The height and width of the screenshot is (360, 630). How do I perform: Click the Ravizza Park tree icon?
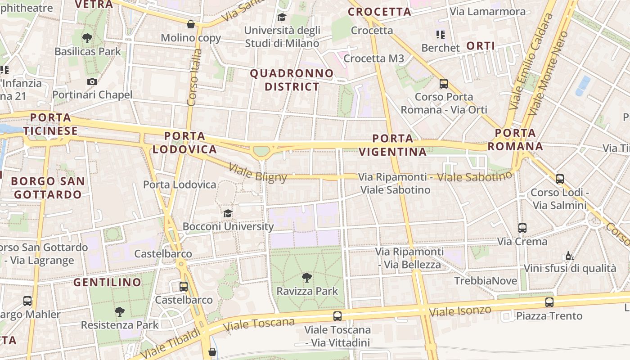tap(307, 278)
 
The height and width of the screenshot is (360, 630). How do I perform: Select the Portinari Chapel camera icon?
tap(92, 81)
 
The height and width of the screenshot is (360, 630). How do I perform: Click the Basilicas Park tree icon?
tap(87, 38)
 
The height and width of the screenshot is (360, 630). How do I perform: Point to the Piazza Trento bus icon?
tap(549, 302)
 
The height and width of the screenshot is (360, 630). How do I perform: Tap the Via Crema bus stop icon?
tap(522, 228)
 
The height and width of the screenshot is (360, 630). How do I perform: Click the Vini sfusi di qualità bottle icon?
tap(570, 256)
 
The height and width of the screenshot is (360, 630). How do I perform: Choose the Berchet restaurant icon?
tap(440, 34)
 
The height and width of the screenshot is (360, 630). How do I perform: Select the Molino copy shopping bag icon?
tap(191, 24)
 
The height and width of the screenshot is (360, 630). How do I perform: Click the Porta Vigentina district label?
tap(393, 145)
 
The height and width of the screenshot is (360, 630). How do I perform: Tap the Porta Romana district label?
tap(515, 139)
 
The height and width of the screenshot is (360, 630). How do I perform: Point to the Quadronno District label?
tap(292, 80)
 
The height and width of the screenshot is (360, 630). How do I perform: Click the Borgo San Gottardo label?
tap(48, 188)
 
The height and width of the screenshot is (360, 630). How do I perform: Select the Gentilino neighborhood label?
tap(107, 283)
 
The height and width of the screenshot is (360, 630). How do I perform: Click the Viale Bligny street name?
tap(258, 173)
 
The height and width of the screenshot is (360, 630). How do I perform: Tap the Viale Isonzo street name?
tap(460, 310)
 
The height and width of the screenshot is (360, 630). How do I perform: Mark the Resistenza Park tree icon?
tap(120, 311)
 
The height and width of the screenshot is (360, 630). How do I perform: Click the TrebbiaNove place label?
tap(483, 281)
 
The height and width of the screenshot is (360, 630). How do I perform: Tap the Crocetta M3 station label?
tap(374, 58)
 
